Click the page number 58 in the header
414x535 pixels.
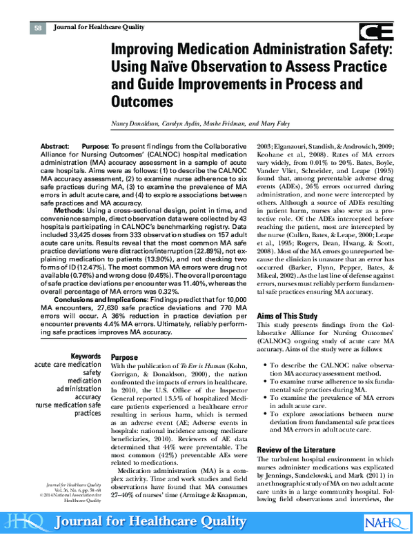pos(39,27)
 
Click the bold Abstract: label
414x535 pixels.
pos(55,147)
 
